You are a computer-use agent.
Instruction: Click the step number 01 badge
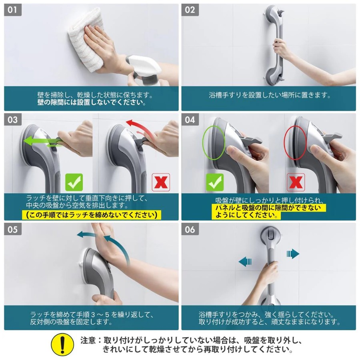coord(13,10)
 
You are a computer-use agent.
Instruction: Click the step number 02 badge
coord(190,10)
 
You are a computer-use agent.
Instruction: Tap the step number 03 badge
coord(13,120)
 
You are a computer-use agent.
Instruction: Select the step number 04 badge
coord(190,120)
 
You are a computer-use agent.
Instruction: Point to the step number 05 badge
coord(13,229)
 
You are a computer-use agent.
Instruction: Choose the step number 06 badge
coord(190,229)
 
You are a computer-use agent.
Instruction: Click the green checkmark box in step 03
coord(74,182)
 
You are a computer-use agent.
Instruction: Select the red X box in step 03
coord(161,182)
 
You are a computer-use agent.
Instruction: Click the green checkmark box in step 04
coord(215,182)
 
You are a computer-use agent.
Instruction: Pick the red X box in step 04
coord(296,182)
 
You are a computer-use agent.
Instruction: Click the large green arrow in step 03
coord(41,140)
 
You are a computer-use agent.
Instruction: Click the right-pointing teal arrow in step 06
coord(293,254)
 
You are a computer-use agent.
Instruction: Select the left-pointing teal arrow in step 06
coord(245,262)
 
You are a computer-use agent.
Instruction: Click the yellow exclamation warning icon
coord(62,345)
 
